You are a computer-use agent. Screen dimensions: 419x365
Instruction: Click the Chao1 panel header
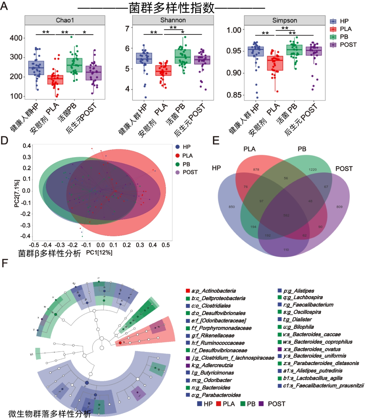click(x=65, y=20)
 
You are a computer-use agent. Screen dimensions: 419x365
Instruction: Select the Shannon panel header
click(x=173, y=20)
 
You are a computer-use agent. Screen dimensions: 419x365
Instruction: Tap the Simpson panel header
click(x=285, y=20)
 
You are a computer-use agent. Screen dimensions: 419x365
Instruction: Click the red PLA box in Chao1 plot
click(x=55, y=80)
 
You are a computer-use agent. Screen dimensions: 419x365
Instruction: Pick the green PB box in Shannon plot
click(x=183, y=56)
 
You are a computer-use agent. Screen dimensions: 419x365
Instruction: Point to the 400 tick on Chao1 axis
click(x=16, y=38)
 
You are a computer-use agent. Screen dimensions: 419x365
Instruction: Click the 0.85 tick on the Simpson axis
click(x=234, y=95)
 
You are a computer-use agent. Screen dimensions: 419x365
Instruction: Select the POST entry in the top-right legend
click(x=348, y=45)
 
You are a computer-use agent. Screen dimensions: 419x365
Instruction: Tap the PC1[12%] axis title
click(x=99, y=252)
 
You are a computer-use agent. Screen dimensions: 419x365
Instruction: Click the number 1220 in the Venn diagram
click(x=313, y=169)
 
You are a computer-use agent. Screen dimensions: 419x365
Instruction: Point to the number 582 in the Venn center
click(x=286, y=215)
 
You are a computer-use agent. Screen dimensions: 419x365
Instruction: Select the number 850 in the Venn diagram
click(x=232, y=207)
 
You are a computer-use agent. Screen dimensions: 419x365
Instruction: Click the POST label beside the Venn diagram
click(x=344, y=169)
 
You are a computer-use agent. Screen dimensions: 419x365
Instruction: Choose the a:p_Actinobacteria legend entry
click(x=213, y=291)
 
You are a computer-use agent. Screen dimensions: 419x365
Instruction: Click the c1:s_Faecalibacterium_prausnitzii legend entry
click(x=323, y=385)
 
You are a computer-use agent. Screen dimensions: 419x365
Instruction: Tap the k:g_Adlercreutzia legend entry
click(x=212, y=365)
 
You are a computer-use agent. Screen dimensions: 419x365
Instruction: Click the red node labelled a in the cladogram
click(x=120, y=343)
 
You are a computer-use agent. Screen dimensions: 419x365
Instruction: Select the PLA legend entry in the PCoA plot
click(x=187, y=156)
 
